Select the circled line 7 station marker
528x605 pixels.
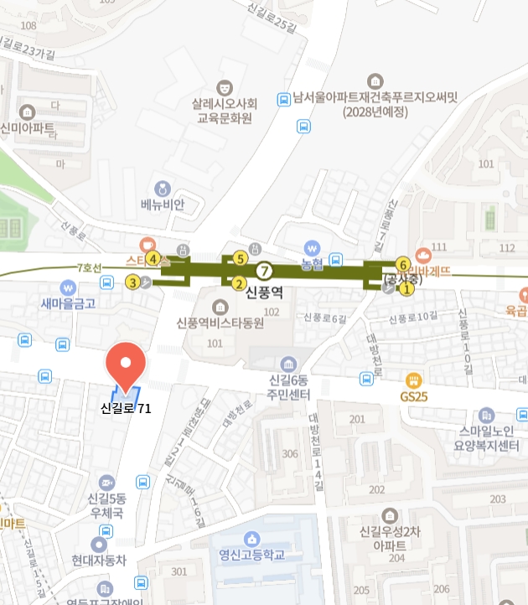click(x=265, y=270)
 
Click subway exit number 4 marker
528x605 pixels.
click(x=153, y=258)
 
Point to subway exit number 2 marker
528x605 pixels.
click(x=238, y=283)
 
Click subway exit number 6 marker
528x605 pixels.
click(x=402, y=263)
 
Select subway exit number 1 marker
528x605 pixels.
click(x=407, y=289)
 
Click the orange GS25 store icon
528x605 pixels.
click(x=412, y=380)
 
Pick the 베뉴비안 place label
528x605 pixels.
click(x=162, y=204)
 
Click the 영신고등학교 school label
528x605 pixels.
click(x=252, y=555)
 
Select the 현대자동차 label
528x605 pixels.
click(x=98, y=561)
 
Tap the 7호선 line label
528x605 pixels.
click(x=89, y=268)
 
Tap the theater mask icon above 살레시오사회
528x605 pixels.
click(x=224, y=86)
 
